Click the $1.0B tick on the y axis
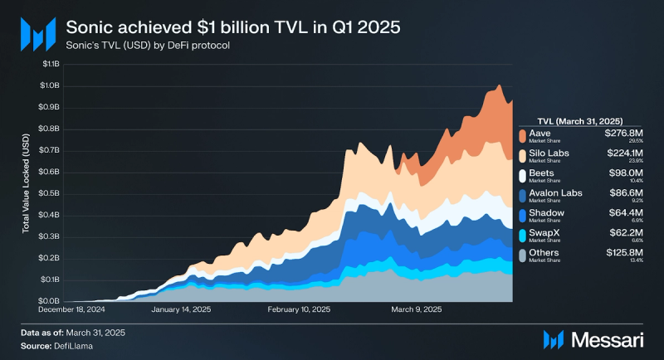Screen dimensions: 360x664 click(x=49, y=85)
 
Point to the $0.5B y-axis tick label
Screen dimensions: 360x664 click(x=49, y=193)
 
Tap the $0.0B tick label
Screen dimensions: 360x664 click(x=49, y=300)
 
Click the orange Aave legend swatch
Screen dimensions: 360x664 click(x=522, y=135)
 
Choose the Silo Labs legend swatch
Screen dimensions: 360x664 click(x=522, y=156)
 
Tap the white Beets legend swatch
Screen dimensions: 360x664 click(x=522, y=176)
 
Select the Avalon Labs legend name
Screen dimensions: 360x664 click(x=555, y=193)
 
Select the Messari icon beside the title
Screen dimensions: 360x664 click(x=37, y=34)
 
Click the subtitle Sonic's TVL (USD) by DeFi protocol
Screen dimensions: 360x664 click(x=148, y=45)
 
